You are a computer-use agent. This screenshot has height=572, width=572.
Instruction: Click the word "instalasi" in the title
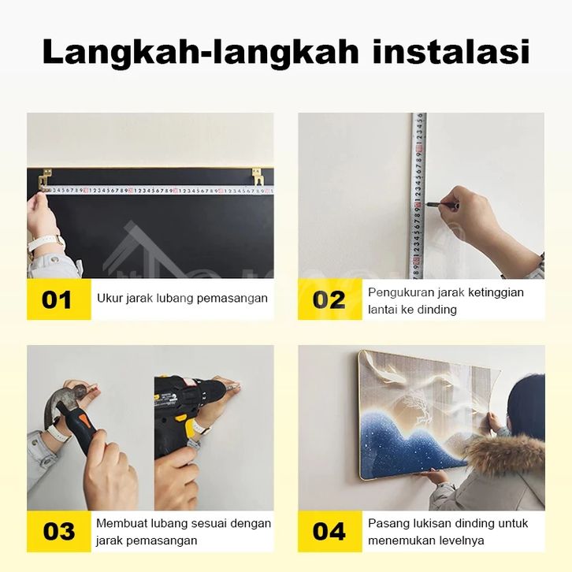pos(451,52)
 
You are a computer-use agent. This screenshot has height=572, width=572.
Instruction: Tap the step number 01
pos(57,300)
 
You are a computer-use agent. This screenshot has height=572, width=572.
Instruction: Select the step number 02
pos(329,300)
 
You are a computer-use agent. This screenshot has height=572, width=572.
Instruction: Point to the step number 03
pos(59,531)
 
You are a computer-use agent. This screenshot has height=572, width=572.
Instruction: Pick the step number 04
pos(329,531)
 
